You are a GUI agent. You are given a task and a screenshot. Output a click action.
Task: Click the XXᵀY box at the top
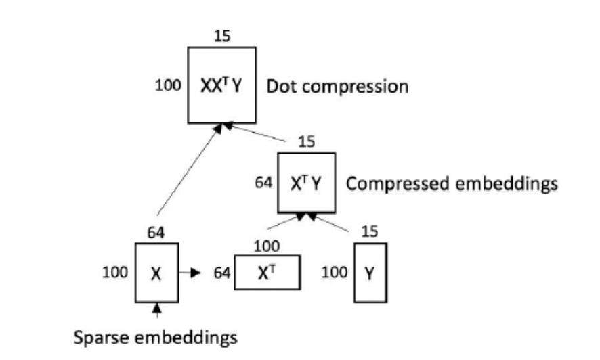point(221,85)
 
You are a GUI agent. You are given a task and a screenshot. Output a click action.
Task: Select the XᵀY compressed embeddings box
point(306,183)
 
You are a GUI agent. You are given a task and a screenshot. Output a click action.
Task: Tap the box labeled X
point(156,273)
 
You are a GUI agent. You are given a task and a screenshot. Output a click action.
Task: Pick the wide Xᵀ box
point(265,273)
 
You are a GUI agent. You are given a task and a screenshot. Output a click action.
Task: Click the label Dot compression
point(337,87)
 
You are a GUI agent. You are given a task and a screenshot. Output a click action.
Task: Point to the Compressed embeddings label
point(452,183)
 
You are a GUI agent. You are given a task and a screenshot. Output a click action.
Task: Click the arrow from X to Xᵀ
point(189,273)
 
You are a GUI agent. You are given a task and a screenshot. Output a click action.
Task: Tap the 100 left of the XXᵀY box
point(168,86)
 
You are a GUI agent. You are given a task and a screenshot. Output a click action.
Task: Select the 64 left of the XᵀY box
point(263,183)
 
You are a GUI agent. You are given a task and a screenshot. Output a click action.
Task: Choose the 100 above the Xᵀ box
point(265,246)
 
